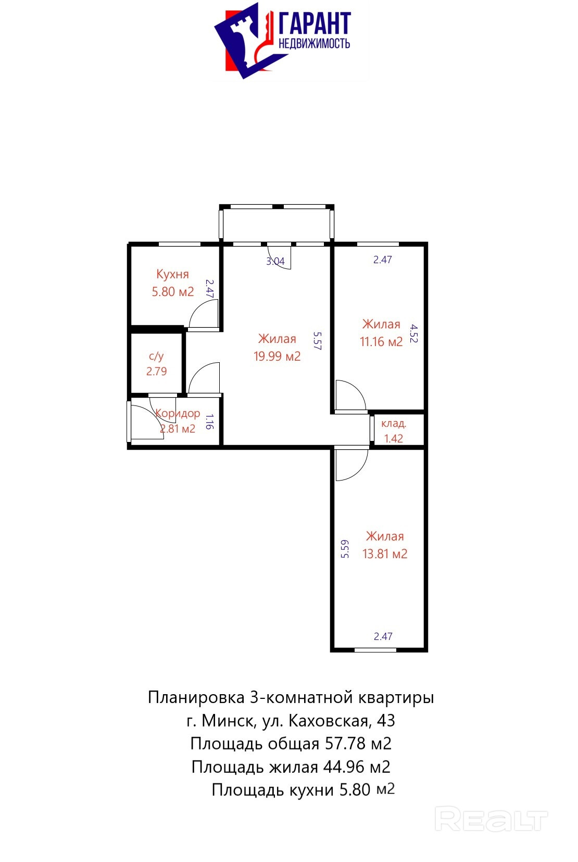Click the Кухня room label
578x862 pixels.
[173, 274]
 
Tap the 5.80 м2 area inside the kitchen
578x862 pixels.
[173, 292]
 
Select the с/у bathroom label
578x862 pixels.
[156, 356]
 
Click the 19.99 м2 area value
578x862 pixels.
[277, 356]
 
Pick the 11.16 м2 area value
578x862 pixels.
[381, 341]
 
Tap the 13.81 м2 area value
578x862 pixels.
[385, 554]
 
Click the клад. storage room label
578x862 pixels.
[394, 424]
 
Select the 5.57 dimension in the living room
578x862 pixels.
[317, 341]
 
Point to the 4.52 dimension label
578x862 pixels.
[413, 333]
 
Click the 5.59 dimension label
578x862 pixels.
[345, 549]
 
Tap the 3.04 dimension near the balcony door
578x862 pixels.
[275, 261]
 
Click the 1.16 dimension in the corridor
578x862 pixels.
[209, 422]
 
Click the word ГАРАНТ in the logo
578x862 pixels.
[314, 23]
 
